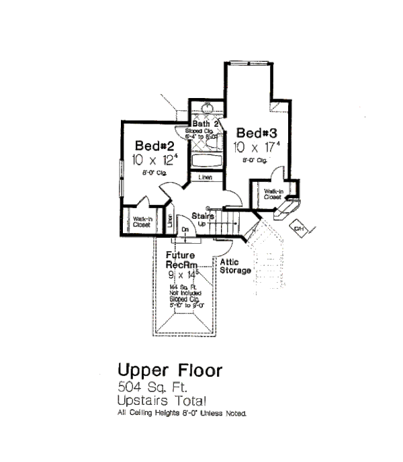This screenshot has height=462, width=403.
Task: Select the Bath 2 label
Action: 206,124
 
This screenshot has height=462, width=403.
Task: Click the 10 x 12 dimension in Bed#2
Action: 154,160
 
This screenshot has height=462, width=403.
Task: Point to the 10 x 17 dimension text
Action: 252,146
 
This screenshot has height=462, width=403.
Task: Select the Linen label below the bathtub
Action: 206,177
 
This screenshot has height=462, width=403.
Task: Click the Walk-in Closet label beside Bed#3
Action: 272,194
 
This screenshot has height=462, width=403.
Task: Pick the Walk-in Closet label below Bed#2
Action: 141,223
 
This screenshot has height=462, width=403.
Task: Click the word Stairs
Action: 203,216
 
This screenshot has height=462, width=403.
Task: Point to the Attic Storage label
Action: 235,266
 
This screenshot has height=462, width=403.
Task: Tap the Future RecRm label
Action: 181,260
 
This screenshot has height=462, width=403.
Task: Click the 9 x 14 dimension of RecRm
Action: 184,275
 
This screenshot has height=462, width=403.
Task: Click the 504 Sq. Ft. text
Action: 149,387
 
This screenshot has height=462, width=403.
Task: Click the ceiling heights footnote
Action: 183,413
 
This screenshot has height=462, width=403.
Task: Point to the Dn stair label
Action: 186,229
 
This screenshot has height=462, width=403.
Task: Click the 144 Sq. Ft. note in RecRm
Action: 183,288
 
